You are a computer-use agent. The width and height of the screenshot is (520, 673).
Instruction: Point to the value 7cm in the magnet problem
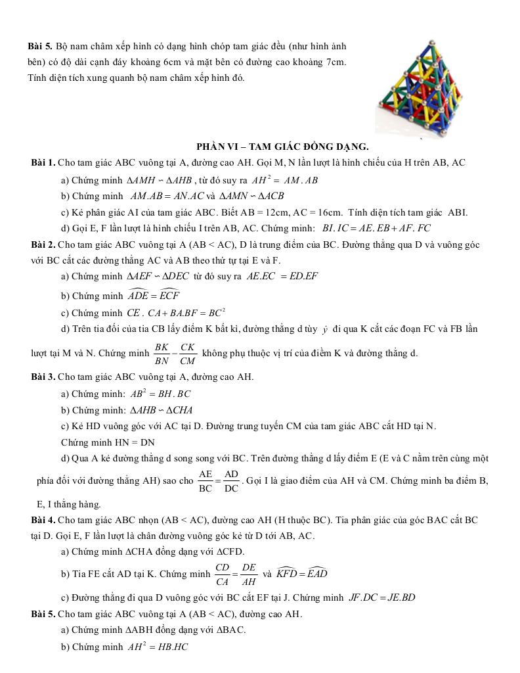(x=335, y=62)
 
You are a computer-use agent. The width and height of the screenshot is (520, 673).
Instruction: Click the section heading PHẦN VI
(x=282, y=146)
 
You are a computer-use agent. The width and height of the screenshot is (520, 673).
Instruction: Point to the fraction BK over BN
(x=161, y=353)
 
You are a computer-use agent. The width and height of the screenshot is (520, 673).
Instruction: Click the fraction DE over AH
(x=249, y=574)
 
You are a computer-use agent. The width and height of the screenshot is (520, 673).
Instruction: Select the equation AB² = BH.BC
(x=161, y=394)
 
